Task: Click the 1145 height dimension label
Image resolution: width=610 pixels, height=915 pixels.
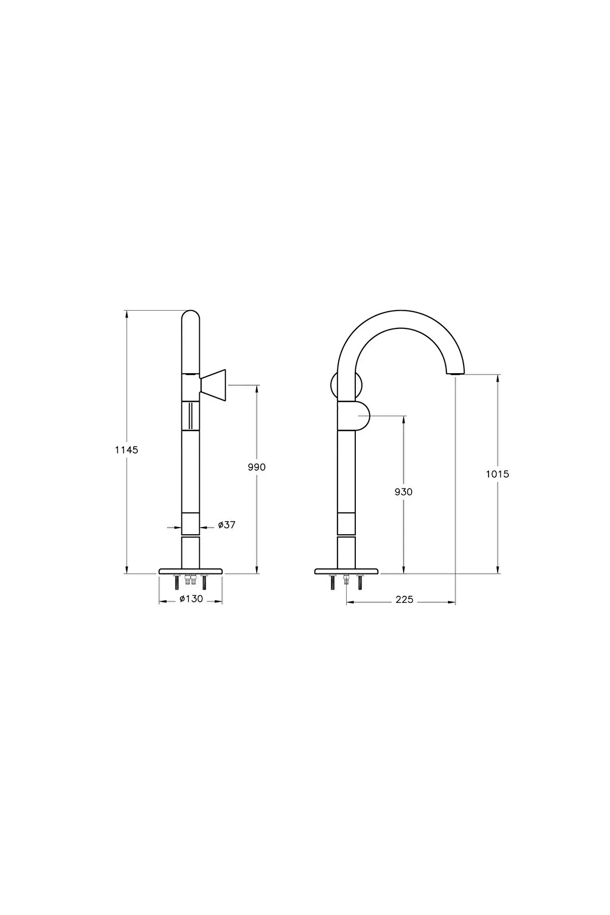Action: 127,450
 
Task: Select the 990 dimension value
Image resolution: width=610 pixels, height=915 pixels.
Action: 257,467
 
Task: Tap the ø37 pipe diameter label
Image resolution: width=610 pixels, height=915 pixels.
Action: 227,525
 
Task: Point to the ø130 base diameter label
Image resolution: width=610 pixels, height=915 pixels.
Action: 191,599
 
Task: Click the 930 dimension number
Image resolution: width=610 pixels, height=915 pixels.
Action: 404,492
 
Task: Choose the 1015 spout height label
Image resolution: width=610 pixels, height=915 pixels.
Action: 498,474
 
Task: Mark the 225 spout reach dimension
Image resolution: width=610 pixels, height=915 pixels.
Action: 404,600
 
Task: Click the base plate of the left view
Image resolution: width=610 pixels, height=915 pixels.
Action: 191,571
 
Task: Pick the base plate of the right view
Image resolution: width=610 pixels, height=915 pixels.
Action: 347,571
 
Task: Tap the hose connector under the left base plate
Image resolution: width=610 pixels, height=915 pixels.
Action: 191,579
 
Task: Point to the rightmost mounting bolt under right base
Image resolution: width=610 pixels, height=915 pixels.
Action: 360,582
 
